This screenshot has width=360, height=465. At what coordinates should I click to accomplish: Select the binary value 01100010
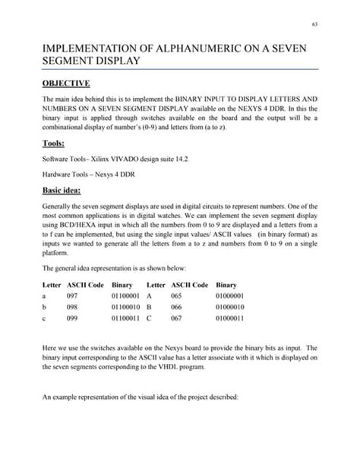[x=127, y=307]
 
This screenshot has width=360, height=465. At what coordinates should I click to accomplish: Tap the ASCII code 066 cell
[x=182, y=307]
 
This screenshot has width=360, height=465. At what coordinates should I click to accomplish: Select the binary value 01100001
[x=127, y=295]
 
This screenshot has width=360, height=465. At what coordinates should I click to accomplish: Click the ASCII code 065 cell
[x=182, y=295]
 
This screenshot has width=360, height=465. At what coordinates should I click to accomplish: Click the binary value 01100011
[x=127, y=319]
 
